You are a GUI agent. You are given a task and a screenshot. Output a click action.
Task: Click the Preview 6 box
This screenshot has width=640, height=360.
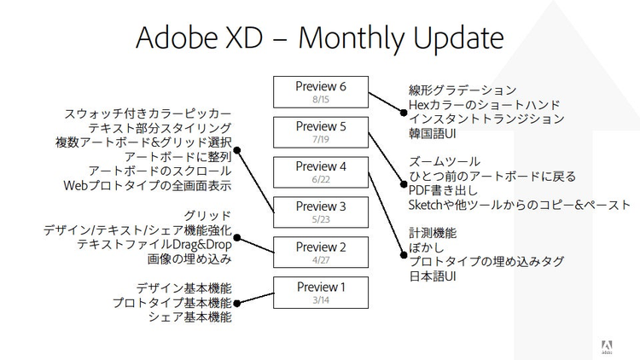(x=321, y=92)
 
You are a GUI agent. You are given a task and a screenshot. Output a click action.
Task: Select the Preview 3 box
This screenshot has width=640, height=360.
(x=321, y=212)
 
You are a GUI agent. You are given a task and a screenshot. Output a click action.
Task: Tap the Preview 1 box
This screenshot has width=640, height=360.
(x=321, y=293)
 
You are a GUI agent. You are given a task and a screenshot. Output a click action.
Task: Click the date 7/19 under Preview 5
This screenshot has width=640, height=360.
(x=321, y=140)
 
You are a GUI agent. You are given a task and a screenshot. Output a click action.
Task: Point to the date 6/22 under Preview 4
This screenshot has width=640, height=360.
(x=321, y=180)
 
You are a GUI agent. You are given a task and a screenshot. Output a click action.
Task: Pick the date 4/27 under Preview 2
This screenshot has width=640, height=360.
(x=321, y=260)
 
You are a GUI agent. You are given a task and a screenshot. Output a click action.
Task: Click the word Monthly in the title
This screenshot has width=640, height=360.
(x=352, y=38)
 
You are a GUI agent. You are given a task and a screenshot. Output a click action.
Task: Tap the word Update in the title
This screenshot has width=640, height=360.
(x=458, y=38)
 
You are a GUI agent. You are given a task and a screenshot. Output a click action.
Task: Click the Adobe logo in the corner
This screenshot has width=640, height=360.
(x=607, y=347)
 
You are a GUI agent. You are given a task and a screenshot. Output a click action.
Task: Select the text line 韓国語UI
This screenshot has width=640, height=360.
(x=433, y=133)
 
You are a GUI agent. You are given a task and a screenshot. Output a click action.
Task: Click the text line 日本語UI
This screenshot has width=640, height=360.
(x=433, y=276)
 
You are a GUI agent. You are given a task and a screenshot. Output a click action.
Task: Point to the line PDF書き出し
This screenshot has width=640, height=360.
(x=443, y=190)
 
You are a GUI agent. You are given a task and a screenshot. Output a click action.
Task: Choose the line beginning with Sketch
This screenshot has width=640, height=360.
(x=520, y=205)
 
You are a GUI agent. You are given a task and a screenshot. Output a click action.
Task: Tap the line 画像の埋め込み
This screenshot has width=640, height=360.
(x=189, y=259)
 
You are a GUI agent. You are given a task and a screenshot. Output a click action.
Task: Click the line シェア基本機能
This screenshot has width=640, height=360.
(x=189, y=317)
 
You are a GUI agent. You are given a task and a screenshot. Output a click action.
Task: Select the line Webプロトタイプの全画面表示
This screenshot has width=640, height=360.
(x=148, y=186)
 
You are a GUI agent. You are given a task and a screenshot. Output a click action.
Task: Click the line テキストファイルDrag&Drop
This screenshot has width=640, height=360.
(x=154, y=245)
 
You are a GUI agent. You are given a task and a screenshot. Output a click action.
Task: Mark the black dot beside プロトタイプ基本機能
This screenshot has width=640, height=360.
(x=236, y=303)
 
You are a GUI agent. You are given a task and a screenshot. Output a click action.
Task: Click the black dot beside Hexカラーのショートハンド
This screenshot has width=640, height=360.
(x=404, y=113)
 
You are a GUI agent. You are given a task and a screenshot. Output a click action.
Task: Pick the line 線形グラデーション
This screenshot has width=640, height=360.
(x=463, y=90)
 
